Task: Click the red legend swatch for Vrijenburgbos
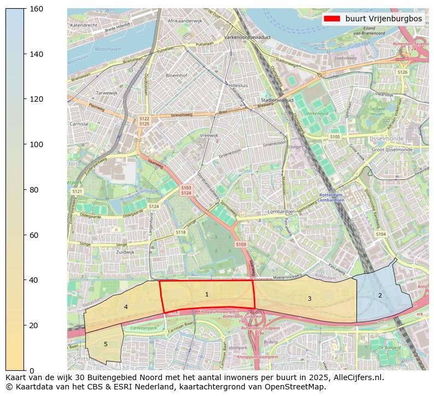tap(331, 19)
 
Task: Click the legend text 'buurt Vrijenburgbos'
tap(383, 19)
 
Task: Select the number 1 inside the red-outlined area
tap(207, 295)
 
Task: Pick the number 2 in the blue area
tap(380, 296)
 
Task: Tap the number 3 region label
tap(309, 299)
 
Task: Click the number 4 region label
tap(126, 307)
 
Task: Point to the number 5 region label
tap(105, 344)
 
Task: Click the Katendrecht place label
tap(84, 25)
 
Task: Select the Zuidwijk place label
tap(125, 252)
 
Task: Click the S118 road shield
tap(180, 232)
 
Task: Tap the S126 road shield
tap(402, 72)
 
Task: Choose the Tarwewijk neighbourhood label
tap(107, 93)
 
